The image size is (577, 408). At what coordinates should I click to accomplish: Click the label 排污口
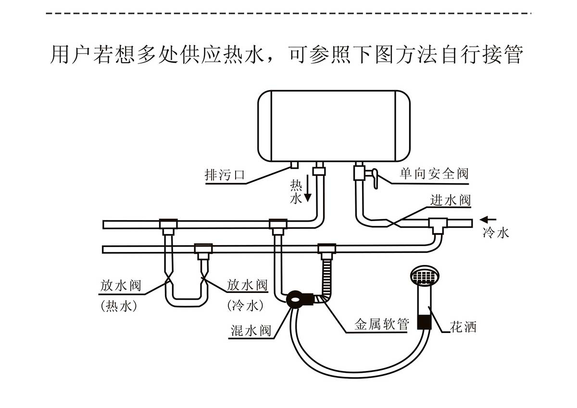(x=225, y=175)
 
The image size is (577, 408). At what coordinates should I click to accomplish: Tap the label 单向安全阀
(x=434, y=173)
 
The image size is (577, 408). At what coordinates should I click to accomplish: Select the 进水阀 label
(x=450, y=200)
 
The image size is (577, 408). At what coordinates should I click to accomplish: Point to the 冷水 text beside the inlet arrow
(x=495, y=234)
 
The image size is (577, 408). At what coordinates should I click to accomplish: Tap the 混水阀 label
(x=251, y=331)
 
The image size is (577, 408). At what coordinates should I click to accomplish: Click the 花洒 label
(x=463, y=327)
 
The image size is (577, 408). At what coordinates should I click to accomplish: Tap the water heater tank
(x=334, y=125)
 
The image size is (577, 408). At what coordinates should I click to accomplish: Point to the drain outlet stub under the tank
(x=294, y=165)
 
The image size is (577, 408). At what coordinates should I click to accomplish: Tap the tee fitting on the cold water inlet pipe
(x=438, y=224)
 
